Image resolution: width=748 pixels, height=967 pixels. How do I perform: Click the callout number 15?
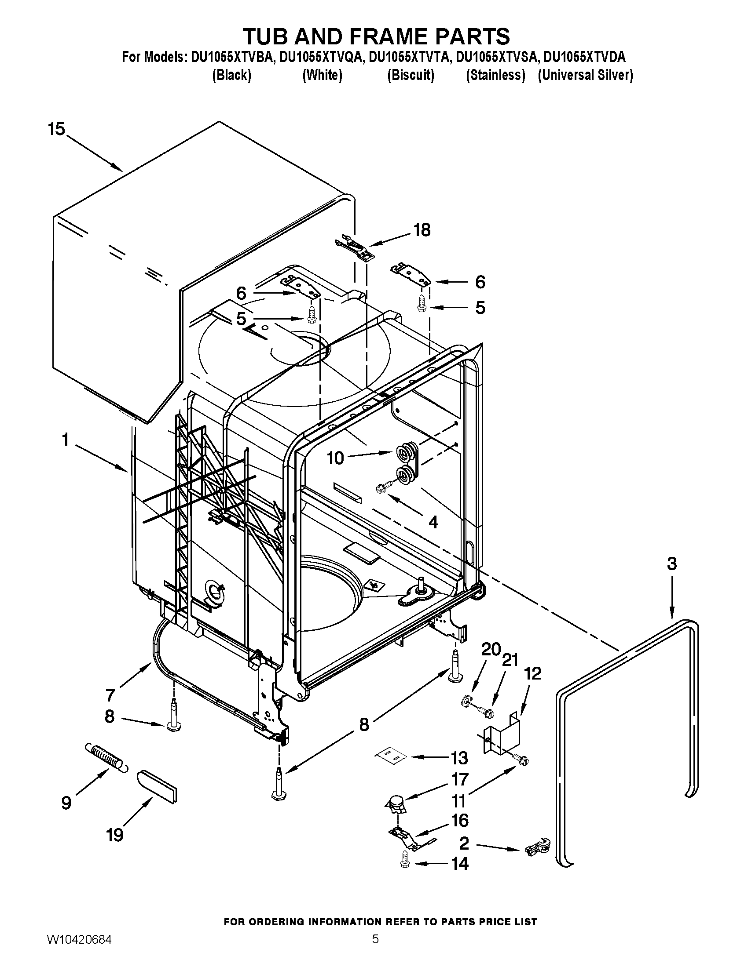tap(56, 129)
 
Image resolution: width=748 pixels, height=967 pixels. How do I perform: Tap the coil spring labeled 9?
tap(105, 758)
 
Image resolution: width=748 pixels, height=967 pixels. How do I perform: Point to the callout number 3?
tap(672, 563)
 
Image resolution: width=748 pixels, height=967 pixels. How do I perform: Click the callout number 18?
tap(422, 230)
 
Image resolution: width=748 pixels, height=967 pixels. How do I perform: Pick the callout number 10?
tap(335, 458)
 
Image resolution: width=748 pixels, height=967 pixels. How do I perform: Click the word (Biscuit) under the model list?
tap(411, 75)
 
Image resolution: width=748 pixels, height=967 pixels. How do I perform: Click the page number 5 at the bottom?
tap(375, 949)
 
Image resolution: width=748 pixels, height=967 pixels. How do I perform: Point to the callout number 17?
tap(459, 779)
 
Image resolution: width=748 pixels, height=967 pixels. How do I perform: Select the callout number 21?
tap(509, 660)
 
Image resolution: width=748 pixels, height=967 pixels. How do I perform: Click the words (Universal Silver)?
tap(585, 75)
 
